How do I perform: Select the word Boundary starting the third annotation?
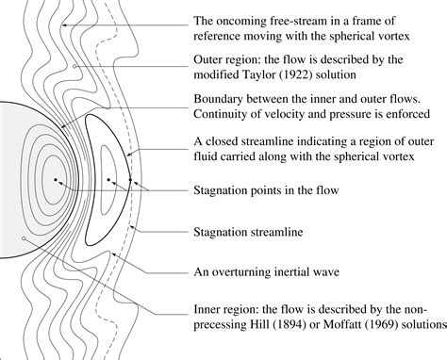click(223, 98)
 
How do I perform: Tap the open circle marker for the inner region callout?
click(22, 239)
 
